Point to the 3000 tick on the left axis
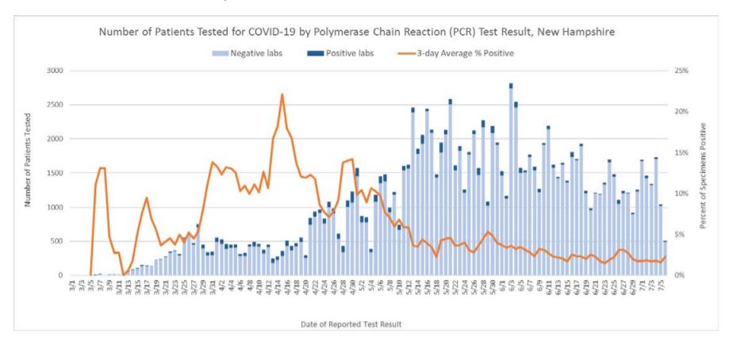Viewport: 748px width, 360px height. [54, 71]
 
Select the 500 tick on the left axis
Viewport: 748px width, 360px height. [56, 241]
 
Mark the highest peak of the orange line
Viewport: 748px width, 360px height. [282, 94]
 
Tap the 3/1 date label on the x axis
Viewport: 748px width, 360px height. [72, 286]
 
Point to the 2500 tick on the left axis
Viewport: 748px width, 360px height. [54, 105]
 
